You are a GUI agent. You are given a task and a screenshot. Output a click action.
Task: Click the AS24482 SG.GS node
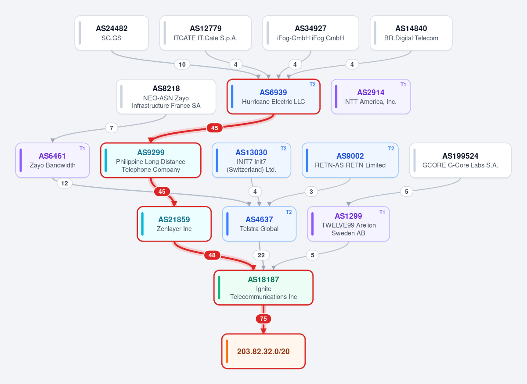(112, 33)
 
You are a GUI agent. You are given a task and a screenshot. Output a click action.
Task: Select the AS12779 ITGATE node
(206, 33)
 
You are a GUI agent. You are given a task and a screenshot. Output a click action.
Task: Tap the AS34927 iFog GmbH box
(310, 33)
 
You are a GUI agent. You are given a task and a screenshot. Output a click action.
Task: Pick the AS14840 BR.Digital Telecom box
(411, 33)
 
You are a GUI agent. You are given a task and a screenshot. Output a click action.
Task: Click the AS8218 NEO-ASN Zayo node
(166, 96)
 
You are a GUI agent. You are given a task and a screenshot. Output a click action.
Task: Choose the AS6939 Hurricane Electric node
(273, 96)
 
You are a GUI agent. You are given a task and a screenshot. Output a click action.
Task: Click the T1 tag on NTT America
(403, 85)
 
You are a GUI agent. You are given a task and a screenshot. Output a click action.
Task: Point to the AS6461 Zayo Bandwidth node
(52, 160)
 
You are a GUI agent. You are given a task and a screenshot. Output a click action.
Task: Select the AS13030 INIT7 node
(251, 160)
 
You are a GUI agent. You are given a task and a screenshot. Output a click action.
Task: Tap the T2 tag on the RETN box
(391, 149)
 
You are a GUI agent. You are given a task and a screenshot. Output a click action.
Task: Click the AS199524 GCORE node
(460, 160)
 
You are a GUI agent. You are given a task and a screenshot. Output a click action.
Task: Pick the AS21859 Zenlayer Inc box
(174, 224)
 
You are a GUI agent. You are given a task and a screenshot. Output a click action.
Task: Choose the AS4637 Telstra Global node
(259, 224)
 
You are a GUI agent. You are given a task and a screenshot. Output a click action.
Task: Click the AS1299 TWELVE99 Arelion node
(348, 224)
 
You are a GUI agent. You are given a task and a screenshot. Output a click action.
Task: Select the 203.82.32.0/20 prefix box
(263, 351)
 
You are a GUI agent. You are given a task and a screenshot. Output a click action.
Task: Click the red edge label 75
(263, 319)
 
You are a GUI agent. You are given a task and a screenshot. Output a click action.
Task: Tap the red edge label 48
(212, 255)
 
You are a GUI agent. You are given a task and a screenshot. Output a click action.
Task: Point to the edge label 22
(261, 255)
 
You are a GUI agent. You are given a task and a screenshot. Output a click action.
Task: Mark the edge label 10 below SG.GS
(182, 64)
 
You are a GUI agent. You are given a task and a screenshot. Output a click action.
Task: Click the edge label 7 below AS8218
(112, 128)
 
